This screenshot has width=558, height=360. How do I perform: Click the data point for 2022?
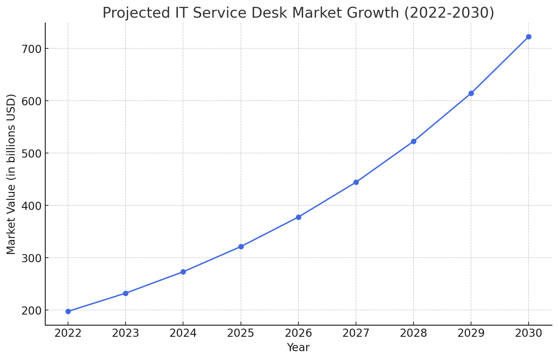[68, 311]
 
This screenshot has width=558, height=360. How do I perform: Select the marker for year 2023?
[126, 294]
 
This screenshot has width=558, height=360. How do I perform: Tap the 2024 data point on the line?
[183, 272]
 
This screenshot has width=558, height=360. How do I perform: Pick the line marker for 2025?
[241, 247]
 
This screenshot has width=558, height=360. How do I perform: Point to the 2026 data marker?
[298, 217]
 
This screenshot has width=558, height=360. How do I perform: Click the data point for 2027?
[356, 182]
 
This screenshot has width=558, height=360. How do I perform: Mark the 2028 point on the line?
[414, 142]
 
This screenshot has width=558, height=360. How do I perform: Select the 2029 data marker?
[471, 94]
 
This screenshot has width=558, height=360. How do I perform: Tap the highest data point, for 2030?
[529, 37]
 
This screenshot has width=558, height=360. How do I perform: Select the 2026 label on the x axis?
[298, 333]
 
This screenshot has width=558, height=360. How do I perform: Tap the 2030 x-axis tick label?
[529, 333]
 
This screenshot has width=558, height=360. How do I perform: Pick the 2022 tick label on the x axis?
[68, 333]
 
